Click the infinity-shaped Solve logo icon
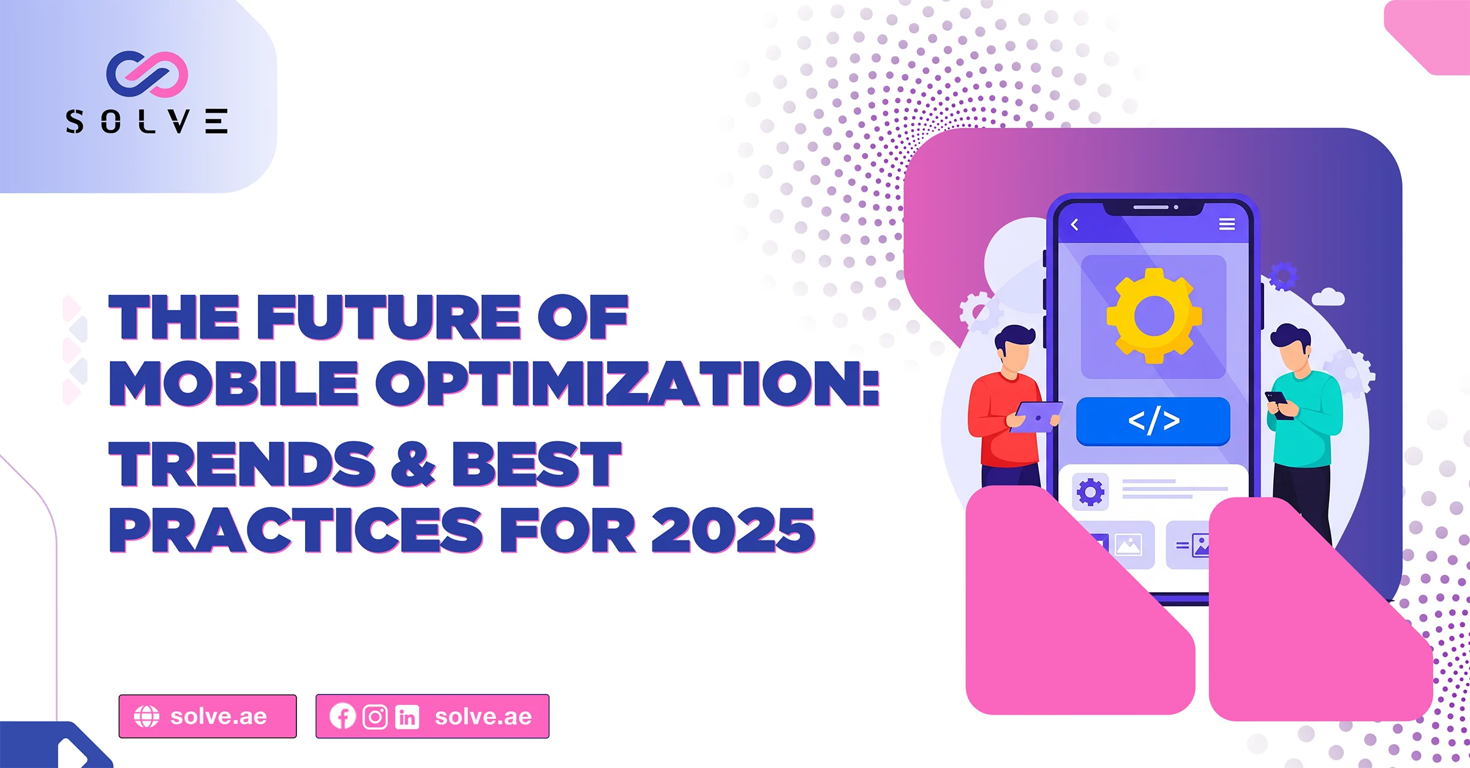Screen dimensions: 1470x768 [147, 74]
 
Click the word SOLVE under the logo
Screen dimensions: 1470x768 [147, 121]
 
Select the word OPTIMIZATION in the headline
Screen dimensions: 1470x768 [627, 383]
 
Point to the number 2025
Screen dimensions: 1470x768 [733, 530]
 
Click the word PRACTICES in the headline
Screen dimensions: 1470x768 [296, 530]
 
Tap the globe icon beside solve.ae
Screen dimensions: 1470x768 [146, 716]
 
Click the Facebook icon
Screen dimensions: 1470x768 [342, 716]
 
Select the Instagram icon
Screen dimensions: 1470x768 [375, 717]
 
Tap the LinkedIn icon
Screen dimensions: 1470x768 [407, 717]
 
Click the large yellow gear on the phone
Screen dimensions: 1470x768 [1154, 316]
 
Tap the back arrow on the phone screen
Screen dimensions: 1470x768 [1074, 225]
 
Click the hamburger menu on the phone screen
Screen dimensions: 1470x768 [1227, 224]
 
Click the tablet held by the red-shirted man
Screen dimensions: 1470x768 [1036, 417]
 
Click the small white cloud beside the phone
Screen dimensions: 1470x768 [1328, 297]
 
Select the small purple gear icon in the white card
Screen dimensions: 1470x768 [1090, 491]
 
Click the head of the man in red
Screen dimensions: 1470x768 [1016, 348]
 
